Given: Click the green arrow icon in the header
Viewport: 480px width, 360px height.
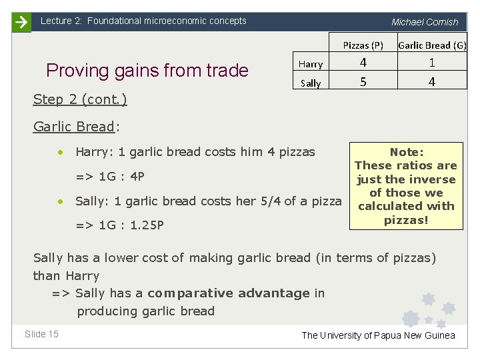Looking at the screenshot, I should [x=21, y=22].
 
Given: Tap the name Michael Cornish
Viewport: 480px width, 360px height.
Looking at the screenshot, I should [x=425, y=22].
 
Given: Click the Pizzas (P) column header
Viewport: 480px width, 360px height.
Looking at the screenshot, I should [x=363, y=45].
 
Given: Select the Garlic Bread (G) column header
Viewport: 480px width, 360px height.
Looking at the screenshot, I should [x=432, y=45].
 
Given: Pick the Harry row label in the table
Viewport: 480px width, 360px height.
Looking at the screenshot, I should [x=311, y=64].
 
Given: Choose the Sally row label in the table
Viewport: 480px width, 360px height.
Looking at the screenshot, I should [x=311, y=83].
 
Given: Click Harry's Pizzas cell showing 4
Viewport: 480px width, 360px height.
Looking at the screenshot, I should [x=363, y=63].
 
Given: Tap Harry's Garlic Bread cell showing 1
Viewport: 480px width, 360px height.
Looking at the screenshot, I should [x=432, y=63].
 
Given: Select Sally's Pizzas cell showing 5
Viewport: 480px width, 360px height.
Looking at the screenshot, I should [x=363, y=82].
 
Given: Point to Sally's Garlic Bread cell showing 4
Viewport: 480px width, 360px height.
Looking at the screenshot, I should [x=432, y=82].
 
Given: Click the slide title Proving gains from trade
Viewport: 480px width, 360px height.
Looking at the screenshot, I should [x=147, y=71].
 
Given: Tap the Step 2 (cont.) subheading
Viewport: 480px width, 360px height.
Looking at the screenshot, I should [x=80, y=99].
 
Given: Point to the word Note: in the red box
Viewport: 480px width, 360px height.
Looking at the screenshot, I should [x=407, y=152].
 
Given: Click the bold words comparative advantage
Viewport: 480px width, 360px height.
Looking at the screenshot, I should [x=229, y=293].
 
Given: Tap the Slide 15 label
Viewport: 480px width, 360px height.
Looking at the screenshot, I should [x=41, y=334].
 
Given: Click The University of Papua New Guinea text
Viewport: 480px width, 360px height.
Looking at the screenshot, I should [x=378, y=335].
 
